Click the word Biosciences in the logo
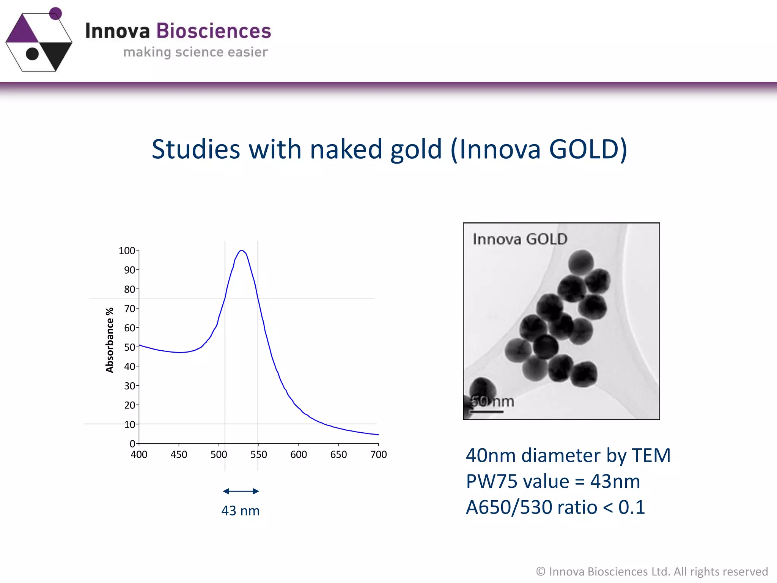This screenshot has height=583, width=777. coord(214,31)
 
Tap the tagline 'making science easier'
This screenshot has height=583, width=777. coord(195,52)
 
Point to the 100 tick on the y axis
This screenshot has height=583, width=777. coord(127,251)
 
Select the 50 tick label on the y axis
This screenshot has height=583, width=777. coord(129,347)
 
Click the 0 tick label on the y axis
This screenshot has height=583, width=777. coord(132,444)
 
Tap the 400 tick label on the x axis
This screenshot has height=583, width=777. coord(139,454)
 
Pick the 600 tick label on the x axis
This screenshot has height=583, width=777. coord(299,454)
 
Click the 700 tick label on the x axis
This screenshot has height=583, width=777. coord(378,454)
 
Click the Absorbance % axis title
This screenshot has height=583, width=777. coord(110,340)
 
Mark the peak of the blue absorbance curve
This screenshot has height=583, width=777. coord(241,251)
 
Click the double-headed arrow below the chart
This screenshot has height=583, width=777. coord(241,491)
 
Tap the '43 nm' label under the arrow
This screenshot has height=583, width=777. coord(241,511)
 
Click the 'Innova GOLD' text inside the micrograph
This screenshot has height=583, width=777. coord(520,239)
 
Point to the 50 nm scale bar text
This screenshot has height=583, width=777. coord(492,402)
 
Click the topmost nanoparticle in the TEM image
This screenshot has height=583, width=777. coord(580,262)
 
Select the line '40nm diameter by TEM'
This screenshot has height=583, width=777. coord(568,455)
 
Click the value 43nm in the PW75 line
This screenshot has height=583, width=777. coord(615,481)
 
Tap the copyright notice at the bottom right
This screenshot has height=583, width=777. coord(651,571)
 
